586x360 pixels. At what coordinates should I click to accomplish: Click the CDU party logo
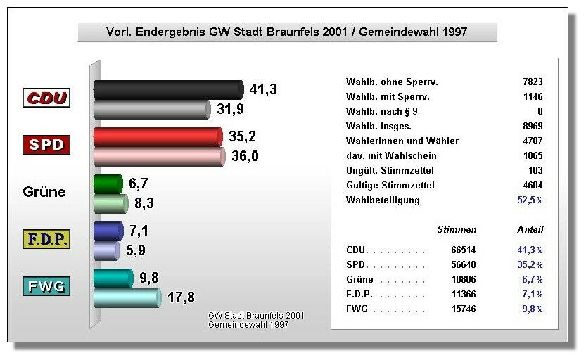tap(47, 98)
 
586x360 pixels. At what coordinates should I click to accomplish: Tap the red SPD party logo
tap(47, 146)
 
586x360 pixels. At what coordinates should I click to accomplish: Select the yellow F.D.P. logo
tap(47, 239)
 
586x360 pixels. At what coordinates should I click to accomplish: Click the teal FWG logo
tap(47, 286)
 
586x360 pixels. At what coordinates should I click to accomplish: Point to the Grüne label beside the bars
tap(44, 192)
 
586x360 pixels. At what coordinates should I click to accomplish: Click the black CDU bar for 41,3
tap(168, 89)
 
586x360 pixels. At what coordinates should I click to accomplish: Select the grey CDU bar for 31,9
tap(152, 109)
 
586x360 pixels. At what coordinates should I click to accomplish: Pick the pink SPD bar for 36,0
tap(159, 157)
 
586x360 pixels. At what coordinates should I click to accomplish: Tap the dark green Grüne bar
tap(108, 184)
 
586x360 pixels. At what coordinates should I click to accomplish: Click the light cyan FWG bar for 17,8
tap(127, 298)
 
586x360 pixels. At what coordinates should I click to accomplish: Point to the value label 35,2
tap(242, 136)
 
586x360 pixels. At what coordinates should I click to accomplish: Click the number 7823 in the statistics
tap(533, 82)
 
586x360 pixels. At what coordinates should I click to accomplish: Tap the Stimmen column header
tap(457, 230)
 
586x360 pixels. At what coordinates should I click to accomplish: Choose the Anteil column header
tap(530, 230)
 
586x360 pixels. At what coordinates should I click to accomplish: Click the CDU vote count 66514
tap(464, 250)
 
